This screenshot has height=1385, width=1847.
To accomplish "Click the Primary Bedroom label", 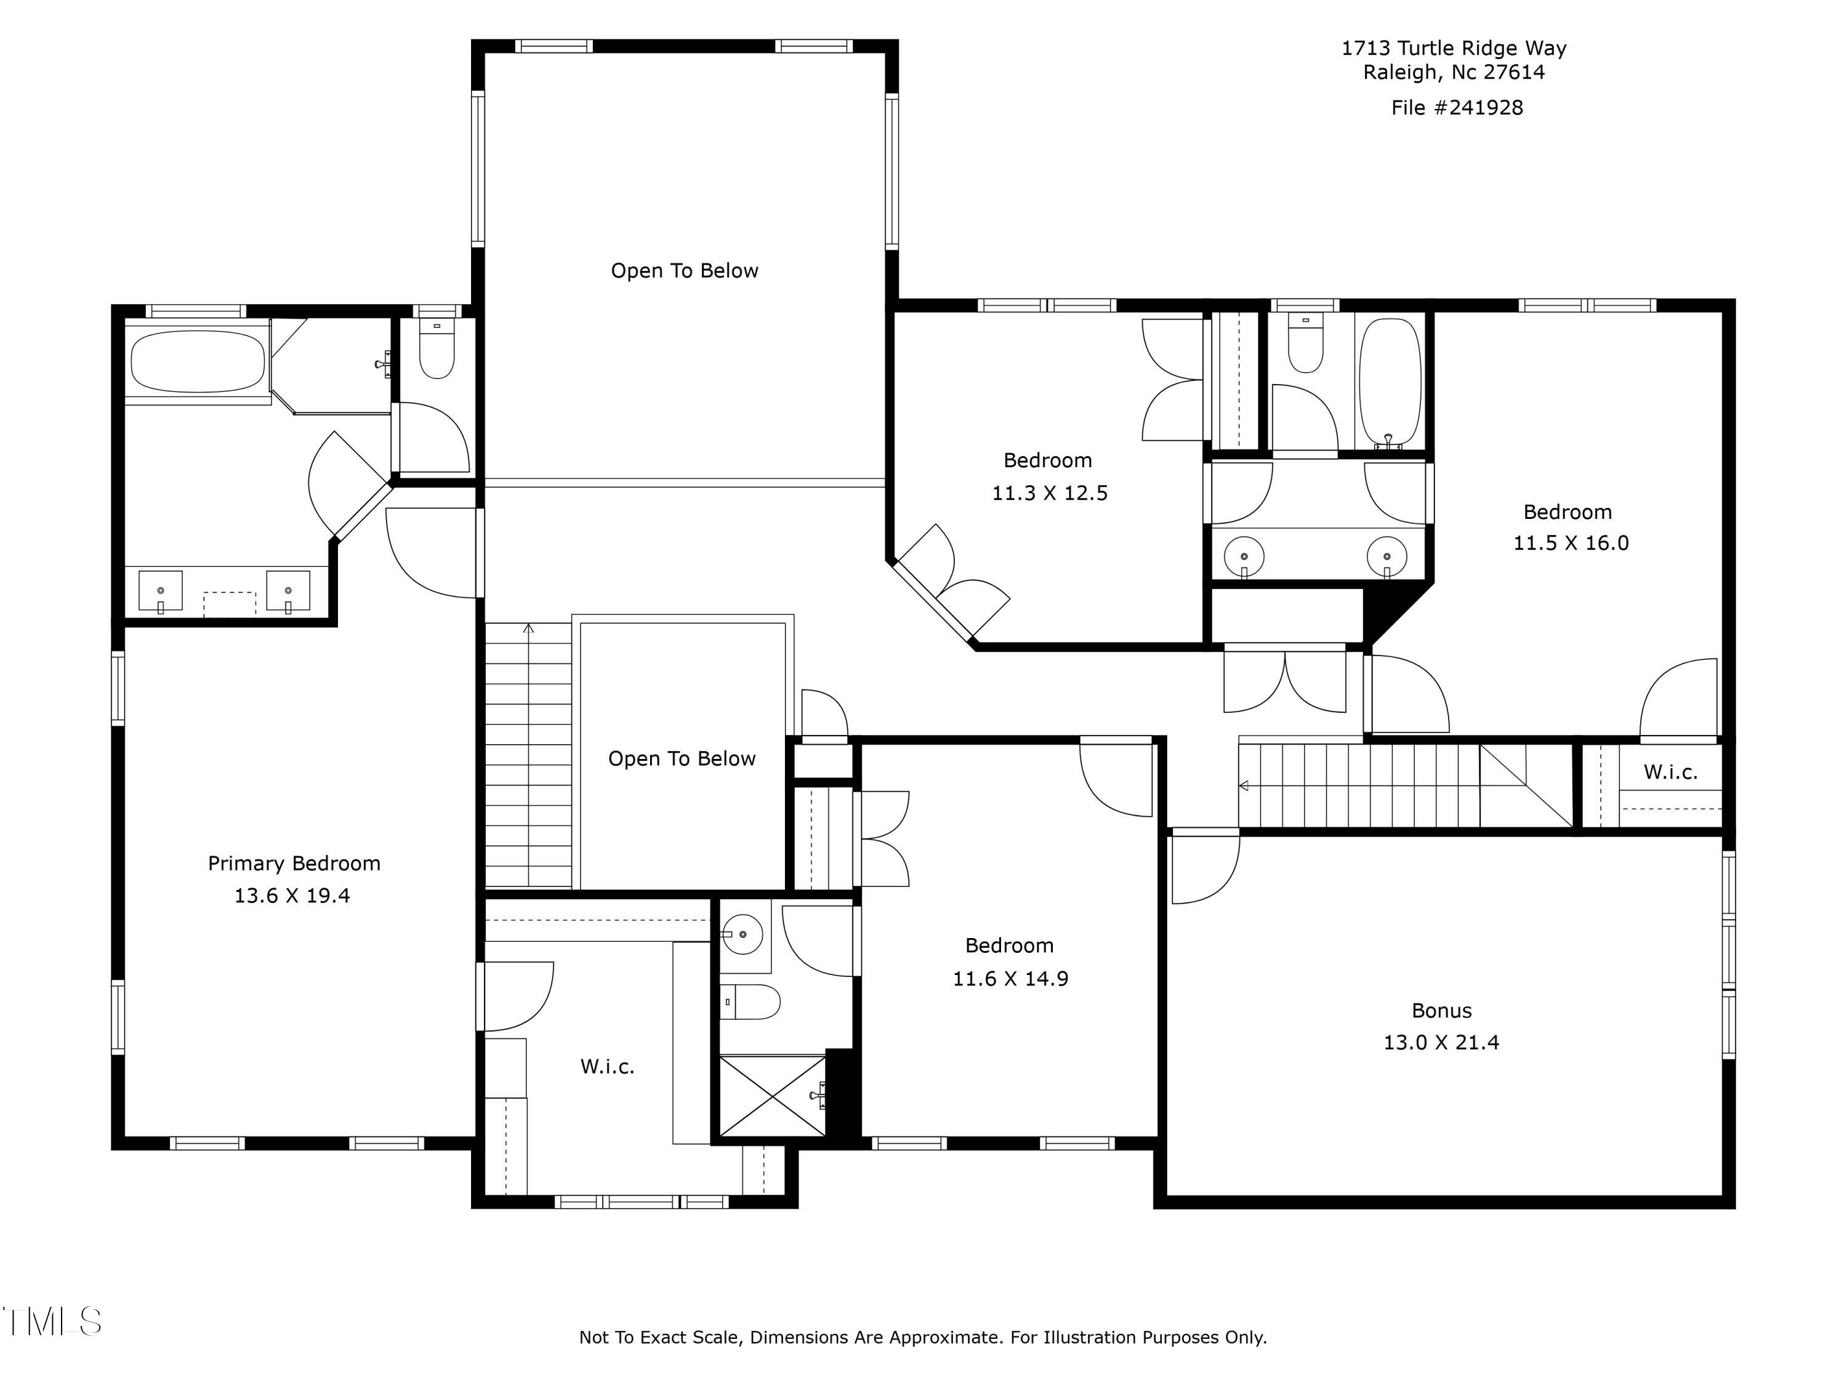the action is (x=294, y=863).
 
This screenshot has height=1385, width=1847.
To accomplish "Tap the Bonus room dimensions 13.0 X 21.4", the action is (x=1441, y=1043).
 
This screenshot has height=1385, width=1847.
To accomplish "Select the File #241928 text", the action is (x=1457, y=108).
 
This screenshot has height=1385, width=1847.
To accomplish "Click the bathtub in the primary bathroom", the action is (x=198, y=361).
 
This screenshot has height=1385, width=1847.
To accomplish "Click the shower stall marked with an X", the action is (x=773, y=1095).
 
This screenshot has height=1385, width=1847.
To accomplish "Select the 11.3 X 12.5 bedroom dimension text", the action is (x=1050, y=494).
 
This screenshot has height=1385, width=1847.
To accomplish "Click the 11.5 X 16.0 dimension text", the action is (x=1571, y=544).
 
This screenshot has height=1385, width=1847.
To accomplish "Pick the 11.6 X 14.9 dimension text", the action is (x=1010, y=979).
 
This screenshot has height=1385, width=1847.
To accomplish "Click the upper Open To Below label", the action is (x=685, y=270).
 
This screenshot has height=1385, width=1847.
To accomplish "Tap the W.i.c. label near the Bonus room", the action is (x=1671, y=773).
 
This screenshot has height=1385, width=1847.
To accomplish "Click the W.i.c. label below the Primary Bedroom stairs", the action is (x=607, y=1067).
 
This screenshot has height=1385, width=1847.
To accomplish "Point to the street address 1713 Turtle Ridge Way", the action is (x=1454, y=49).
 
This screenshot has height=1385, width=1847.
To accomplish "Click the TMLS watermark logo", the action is (x=52, y=1322).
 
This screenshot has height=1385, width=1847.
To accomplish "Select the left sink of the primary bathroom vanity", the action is (x=160, y=591).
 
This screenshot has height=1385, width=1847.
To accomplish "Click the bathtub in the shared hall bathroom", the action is (x=1390, y=382).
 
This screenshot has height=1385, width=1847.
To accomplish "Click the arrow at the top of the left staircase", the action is (x=528, y=628).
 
